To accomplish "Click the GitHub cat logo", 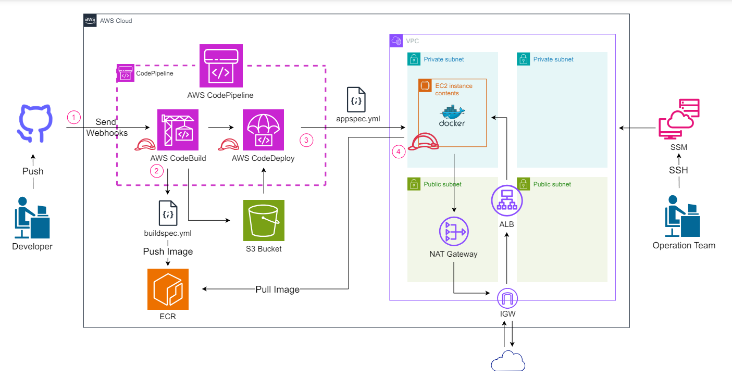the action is [35, 123].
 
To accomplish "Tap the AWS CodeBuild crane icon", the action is [178, 130].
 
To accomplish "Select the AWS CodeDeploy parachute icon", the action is [263, 130].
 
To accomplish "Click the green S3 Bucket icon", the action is [264, 221].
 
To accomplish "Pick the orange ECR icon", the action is [168, 289].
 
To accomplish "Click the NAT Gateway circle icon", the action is [454, 231].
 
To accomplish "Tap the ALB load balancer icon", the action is [507, 200].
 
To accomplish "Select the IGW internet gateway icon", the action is [507, 298].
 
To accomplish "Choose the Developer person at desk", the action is [32, 218].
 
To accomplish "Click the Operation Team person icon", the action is [683, 216].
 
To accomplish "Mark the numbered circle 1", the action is [74, 117].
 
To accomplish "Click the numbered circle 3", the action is [306, 140].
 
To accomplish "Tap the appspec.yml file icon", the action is [356, 99].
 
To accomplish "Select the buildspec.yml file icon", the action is [168, 213].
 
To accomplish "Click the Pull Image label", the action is [278, 289].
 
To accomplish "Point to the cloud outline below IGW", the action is [508, 361].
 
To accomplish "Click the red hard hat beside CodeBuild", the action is [145, 145].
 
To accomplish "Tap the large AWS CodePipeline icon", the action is [221, 66].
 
